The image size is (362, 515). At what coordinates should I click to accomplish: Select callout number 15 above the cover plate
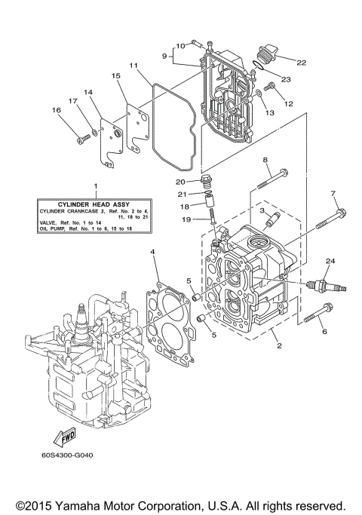click(x=116, y=76)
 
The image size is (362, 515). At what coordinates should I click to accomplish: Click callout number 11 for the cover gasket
click(x=133, y=66)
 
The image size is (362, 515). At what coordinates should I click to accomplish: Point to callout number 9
click(x=163, y=55)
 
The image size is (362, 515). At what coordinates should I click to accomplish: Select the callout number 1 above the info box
click(x=95, y=185)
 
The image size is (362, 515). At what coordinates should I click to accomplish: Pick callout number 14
click(x=87, y=92)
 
